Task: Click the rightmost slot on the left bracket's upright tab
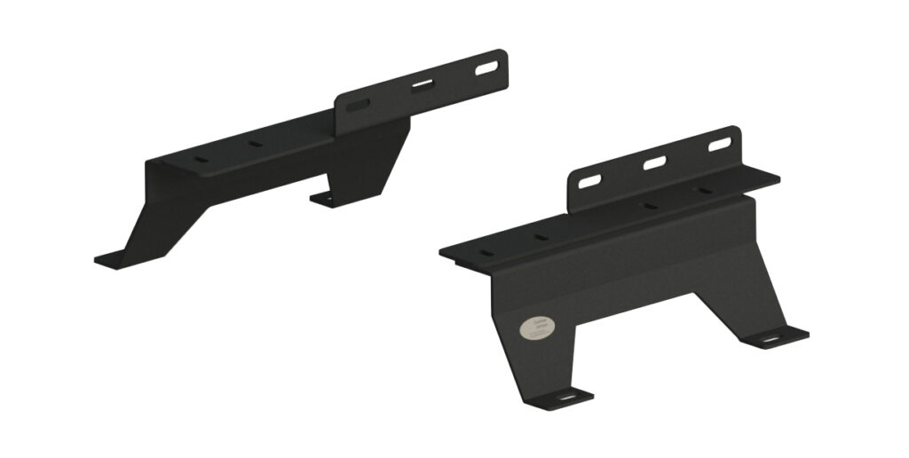486,67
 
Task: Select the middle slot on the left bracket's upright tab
423,86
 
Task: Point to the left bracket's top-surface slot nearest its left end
202,161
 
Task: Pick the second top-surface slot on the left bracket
256,144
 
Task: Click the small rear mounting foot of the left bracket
326,200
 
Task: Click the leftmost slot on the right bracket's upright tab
589,182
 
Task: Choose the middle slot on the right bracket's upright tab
655,162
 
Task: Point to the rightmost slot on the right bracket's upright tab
719,143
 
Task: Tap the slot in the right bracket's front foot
565,399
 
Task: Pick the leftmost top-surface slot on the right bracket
485,253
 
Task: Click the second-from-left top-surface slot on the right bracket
539,237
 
